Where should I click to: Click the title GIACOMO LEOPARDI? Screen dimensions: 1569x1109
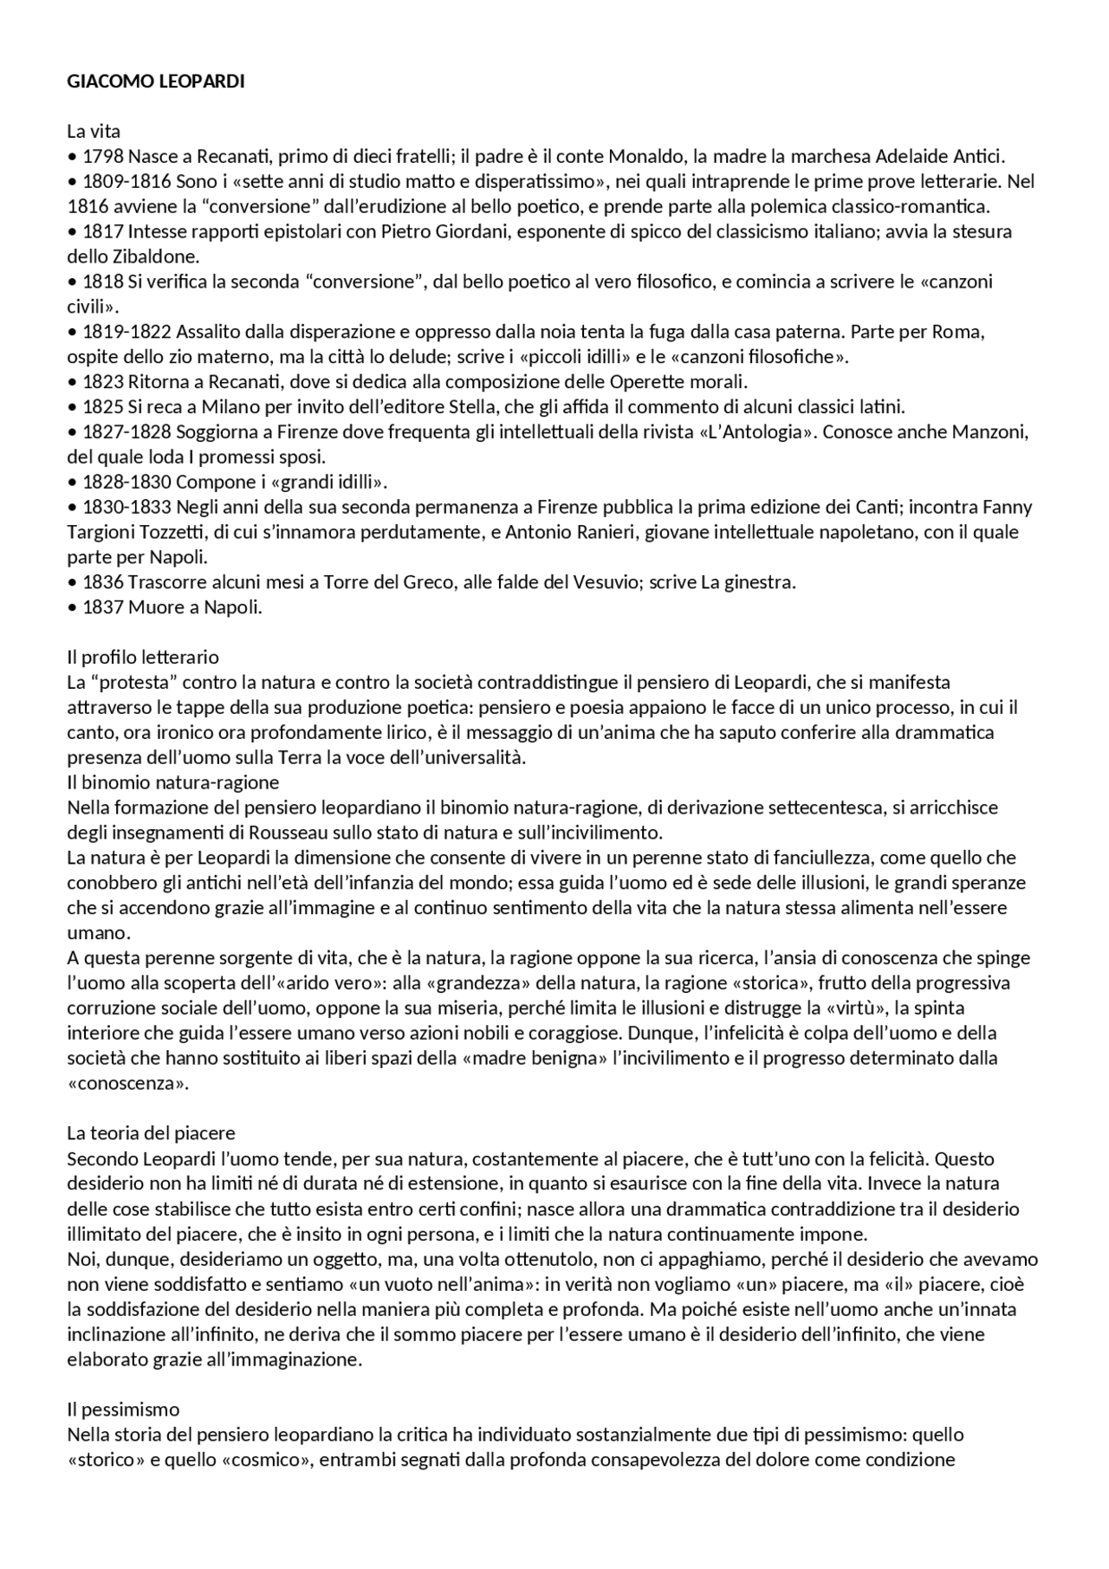tap(156, 81)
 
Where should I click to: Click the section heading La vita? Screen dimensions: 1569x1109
tap(94, 132)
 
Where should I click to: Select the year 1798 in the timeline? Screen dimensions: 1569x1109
tap(103, 157)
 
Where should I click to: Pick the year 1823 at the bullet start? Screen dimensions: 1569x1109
tap(103, 382)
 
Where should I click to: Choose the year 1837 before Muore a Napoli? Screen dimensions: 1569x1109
tap(103, 607)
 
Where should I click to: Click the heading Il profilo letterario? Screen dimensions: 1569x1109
tap(143, 658)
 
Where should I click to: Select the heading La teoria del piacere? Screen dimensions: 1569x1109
tap(151, 1133)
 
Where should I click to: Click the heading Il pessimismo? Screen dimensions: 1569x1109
tap(123, 1410)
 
